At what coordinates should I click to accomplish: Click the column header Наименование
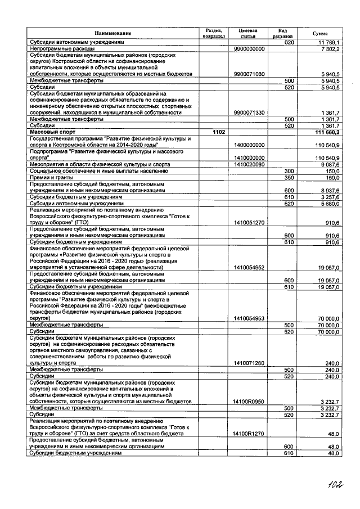[112, 34]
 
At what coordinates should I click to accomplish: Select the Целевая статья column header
[248, 34]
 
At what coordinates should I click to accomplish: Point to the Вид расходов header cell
[282, 34]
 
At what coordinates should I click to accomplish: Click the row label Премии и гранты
[52, 177]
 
